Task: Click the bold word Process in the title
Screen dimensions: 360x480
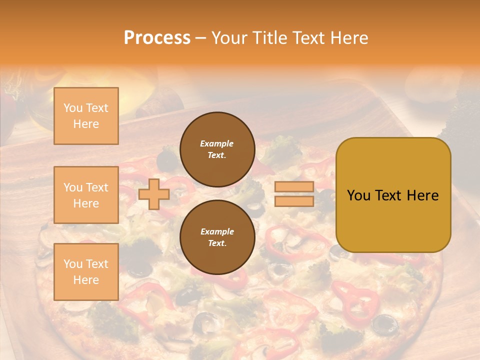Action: pos(157,38)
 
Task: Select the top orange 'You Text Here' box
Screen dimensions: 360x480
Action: pos(86,116)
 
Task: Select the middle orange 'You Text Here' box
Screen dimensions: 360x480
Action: pos(86,195)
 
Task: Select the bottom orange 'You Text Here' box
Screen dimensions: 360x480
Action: pos(86,272)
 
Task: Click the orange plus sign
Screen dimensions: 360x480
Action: pos(153,194)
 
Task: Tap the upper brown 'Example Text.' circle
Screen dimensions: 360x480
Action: pos(217,149)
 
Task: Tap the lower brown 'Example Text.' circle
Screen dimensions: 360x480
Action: pos(217,237)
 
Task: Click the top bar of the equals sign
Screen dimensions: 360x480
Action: pos(294,187)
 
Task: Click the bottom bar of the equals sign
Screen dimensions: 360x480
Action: pos(294,201)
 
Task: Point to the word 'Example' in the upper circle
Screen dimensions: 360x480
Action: pos(217,143)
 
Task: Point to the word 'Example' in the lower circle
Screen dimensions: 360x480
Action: pos(217,231)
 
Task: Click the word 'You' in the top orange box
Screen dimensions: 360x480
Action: pos(72,108)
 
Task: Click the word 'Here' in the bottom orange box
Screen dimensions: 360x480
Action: pos(86,280)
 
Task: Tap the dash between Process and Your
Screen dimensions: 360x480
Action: pos(200,38)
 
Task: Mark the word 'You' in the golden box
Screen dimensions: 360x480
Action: pos(358,195)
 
